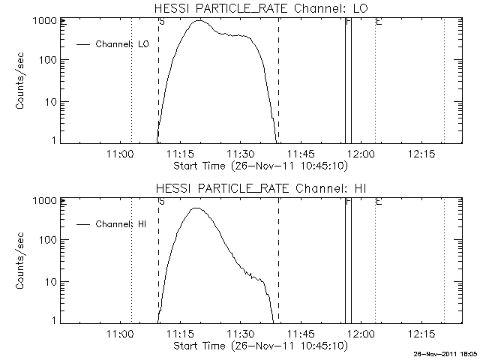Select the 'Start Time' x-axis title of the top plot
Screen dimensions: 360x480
[259, 165]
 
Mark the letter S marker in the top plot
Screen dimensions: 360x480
[162, 22]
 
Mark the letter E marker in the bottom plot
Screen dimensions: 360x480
[378, 202]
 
